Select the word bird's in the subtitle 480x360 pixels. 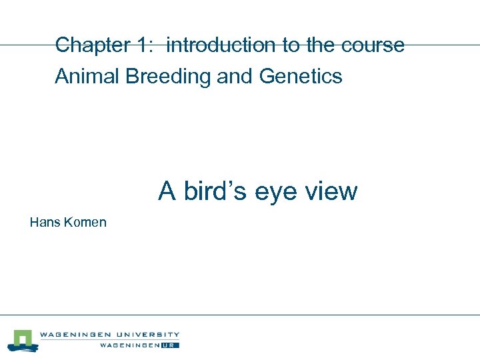click(x=215, y=191)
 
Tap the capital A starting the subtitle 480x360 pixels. click(x=167, y=191)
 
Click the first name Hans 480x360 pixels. click(x=45, y=222)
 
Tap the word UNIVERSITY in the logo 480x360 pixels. click(x=146, y=335)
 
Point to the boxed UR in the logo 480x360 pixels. click(x=173, y=345)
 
